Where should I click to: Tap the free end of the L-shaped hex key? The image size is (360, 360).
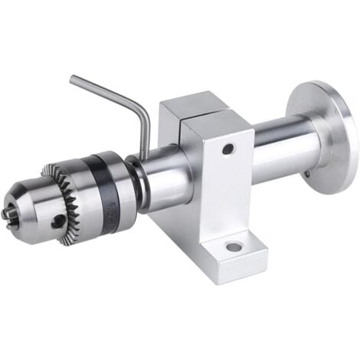73,78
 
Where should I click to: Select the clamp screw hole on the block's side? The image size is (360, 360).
228,148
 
